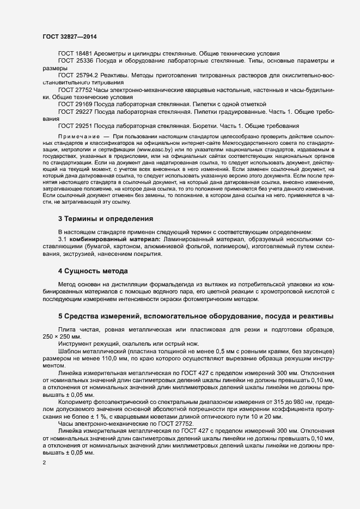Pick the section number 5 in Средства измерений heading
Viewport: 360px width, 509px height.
point(60,317)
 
